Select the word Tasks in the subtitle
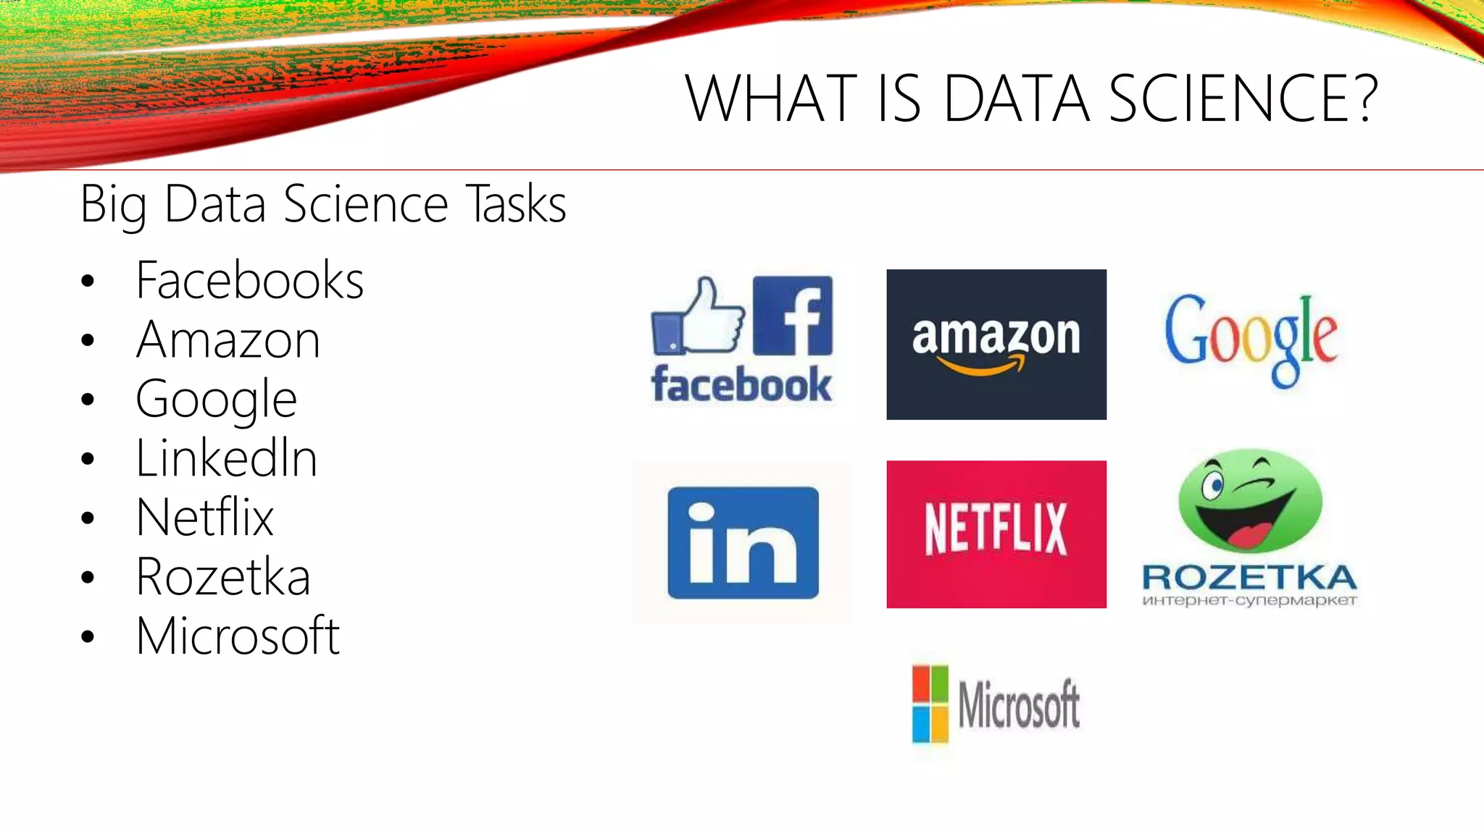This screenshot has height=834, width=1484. (x=516, y=204)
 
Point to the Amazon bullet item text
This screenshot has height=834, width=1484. (x=228, y=340)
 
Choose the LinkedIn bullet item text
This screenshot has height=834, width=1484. (x=226, y=458)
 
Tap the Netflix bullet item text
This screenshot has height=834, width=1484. (x=205, y=518)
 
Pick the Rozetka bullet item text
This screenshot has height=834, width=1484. (x=223, y=577)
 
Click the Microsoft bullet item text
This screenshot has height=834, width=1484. (x=238, y=636)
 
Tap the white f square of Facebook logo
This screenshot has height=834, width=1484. (x=793, y=316)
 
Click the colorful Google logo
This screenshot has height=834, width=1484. (x=1251, y=339)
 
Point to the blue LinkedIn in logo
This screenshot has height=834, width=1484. (x=743, y=543)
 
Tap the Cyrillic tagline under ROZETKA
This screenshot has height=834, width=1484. (x=1249, y=600)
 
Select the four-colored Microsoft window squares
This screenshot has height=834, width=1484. (x=930, y=704)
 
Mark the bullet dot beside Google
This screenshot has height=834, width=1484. (x=88, y=400)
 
